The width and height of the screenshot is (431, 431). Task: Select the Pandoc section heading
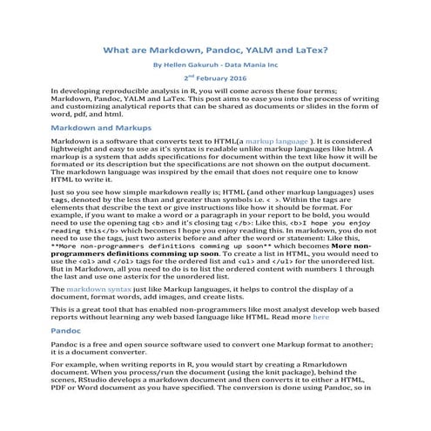click(x=68, y=331)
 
